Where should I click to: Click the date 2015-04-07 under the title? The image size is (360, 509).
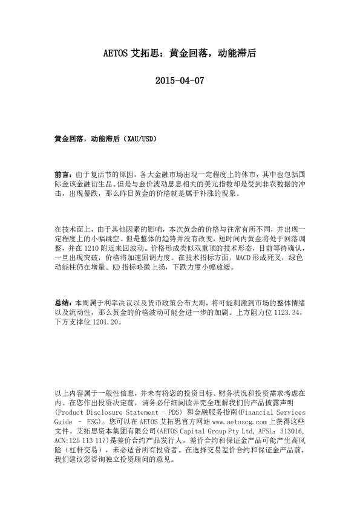(x=180, y=81)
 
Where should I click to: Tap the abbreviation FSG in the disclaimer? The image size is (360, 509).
(x=97, y=420)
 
